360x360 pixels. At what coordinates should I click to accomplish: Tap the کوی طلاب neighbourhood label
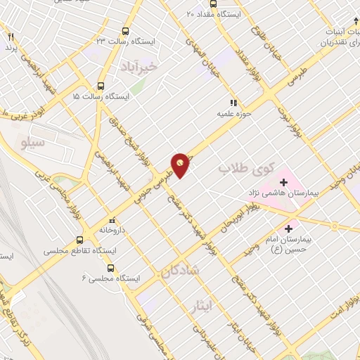(x=235, y=169)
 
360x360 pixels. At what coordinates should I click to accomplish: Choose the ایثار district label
(x=201, y=304)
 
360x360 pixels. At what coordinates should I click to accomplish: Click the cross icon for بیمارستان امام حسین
(x=288, y=229)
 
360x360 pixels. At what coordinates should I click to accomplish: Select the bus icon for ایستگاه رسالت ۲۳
(x=125, y=32)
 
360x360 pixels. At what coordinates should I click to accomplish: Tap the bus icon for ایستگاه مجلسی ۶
(x=110, y=268)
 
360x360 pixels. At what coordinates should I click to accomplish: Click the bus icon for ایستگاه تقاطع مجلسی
(x=79, y=240)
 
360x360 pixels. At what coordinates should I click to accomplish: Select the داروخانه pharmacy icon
(x=110, y=219)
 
